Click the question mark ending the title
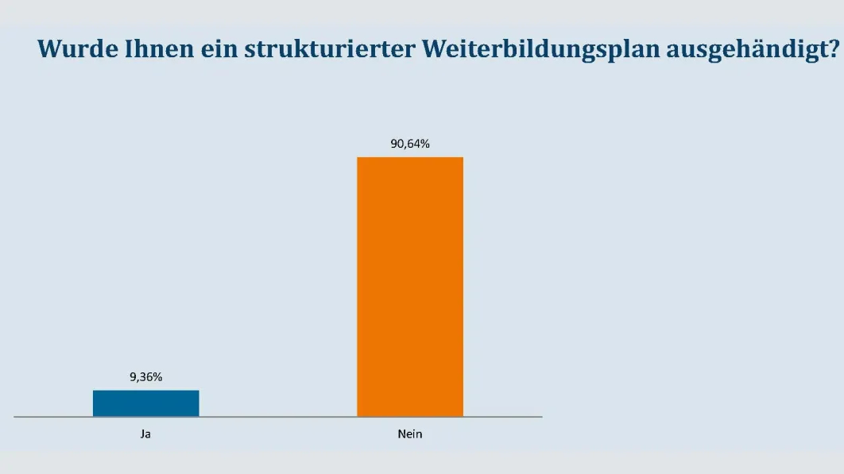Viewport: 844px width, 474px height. [x=833, y=49]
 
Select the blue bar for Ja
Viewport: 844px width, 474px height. [x=145, y=403]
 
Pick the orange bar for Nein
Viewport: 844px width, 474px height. [x=409, y=287]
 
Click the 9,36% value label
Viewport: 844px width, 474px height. [x=145, y=377]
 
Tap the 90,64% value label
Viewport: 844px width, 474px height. [x=409, y=144]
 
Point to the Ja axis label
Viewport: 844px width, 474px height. [x=145, y=434]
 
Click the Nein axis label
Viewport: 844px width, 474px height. [x=409, y=434]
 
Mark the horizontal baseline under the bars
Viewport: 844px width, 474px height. [x=278, y=417]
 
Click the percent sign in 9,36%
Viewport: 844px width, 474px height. [x=157, y=377]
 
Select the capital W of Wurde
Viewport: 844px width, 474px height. [x=50, y=49]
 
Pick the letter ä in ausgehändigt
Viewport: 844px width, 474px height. [x=755, y=49]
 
